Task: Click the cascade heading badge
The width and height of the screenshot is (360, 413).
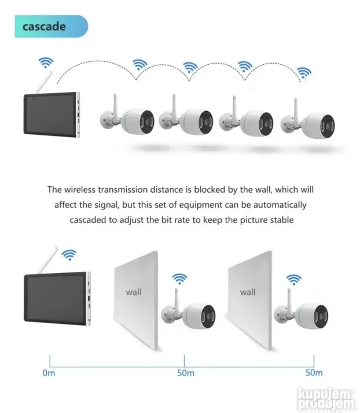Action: (x=51, y=27)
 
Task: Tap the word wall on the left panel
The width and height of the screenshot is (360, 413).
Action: (x=133, y=292)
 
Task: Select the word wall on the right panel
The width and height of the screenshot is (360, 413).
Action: (x=248, y=292)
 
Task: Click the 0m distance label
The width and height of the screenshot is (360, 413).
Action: (x=49, y=373)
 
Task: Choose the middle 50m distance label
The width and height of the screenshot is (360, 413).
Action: (x=185, y=373)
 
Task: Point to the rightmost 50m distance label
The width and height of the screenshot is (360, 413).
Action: (x=313, y=373)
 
